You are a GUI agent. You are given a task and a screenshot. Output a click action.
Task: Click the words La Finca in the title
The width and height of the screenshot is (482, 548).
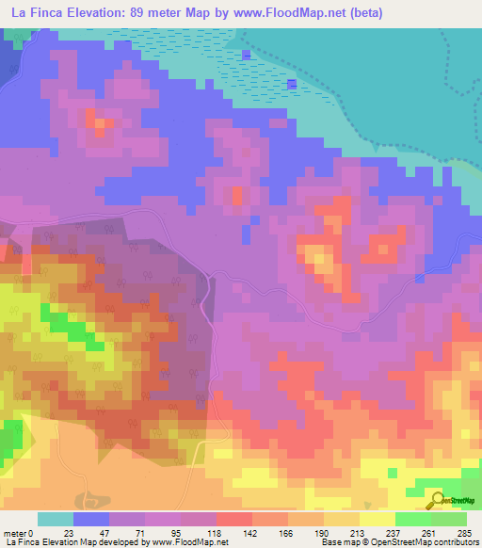coord(37,12)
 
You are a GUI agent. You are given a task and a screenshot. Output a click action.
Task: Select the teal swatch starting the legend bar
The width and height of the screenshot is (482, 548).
coord(56,519)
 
